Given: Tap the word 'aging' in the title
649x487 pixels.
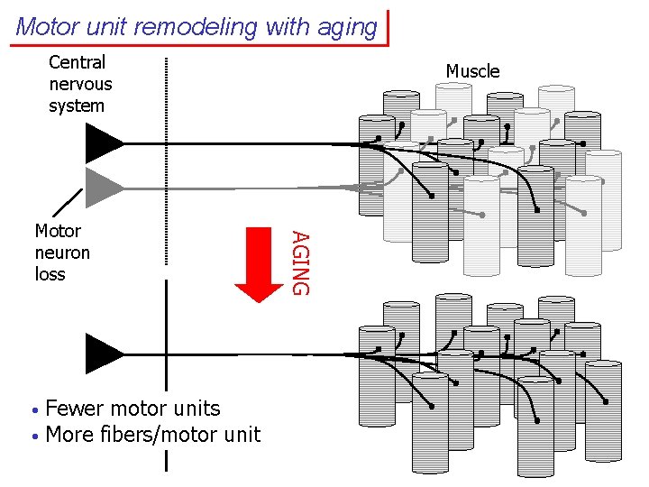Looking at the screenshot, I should [x=346, y=28].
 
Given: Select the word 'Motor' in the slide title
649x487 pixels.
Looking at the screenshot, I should [x=48, y=27].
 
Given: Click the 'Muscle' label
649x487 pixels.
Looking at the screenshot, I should [x=472, y=71].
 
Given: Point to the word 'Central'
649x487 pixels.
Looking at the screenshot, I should [x=77, y=62].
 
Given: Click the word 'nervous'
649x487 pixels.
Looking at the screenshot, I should [x=80, y=84].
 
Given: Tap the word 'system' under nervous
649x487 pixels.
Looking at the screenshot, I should [x=77, y=106].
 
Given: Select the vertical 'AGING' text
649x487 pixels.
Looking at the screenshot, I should [x=302, y=262].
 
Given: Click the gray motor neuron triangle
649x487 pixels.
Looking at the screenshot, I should [x=103, y=187].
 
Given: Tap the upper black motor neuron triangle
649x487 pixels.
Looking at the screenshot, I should [x=103, y=143].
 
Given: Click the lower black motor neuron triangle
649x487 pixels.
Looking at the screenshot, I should [x=103, y=353].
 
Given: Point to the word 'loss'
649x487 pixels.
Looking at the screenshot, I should [x=50, y=273].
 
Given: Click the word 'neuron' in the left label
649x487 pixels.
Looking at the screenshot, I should [x=62, y=253].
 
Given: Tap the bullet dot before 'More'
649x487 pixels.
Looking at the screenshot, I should [x=33, y=436].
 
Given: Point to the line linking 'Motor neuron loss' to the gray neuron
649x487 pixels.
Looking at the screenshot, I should [x=68, y=204].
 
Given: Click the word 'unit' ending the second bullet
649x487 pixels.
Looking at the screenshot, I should [x=241, y=435].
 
